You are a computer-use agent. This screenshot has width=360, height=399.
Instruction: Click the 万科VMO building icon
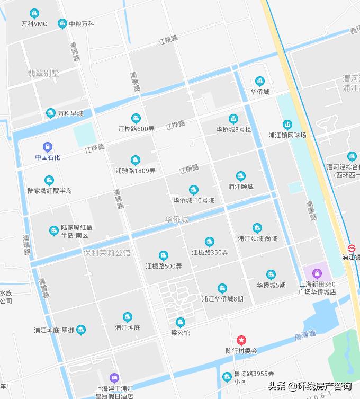tap(34, 13)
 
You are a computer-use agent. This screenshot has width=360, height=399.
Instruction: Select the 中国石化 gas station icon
tap(48, 146)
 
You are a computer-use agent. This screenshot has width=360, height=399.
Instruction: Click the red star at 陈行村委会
tap(241, 340)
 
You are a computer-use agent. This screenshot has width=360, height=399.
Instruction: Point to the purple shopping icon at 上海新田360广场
tap(317, 273)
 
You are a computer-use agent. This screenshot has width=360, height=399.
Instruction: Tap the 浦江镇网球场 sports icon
tap(287, 125)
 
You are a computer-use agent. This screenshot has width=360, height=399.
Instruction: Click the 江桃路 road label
tap(168, 41)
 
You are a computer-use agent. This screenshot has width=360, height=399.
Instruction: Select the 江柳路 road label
tap(188, 169)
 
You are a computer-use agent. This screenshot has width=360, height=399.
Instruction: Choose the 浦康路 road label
tap(311, 210)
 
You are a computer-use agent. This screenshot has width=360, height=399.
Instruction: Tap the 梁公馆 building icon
tap(181, 322)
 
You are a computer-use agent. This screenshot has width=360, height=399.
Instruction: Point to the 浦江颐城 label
tap(241, 187)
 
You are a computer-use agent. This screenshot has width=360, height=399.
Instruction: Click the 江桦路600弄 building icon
tap(136, 118)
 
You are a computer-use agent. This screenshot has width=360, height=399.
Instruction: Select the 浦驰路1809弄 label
tap(136, 171)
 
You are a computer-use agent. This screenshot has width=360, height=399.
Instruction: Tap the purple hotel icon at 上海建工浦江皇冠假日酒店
tap(114, 377)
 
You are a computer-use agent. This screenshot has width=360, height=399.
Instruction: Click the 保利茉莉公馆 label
tap(107, 253)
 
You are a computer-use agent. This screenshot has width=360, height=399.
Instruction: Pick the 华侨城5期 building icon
tap(271, 274)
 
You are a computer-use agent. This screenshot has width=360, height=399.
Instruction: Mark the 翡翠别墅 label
tap(43, 73)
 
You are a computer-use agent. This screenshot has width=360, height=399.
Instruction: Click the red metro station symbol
tap(352, 247)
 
